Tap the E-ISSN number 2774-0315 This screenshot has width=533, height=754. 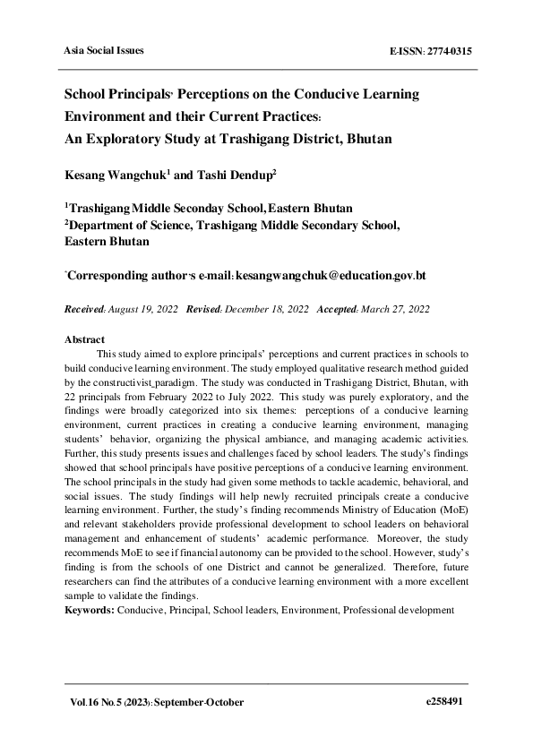[x=443, y=51]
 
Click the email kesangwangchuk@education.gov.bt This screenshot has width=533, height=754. [x=331, y=275]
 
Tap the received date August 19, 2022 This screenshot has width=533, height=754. [x=143, y=309]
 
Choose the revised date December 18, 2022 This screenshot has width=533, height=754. [x=264, y=309]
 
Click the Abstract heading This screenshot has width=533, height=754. [x=84, y=340]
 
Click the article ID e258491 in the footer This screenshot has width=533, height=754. [x=443, y=703]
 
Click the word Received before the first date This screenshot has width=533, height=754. [x=85, y=309]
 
